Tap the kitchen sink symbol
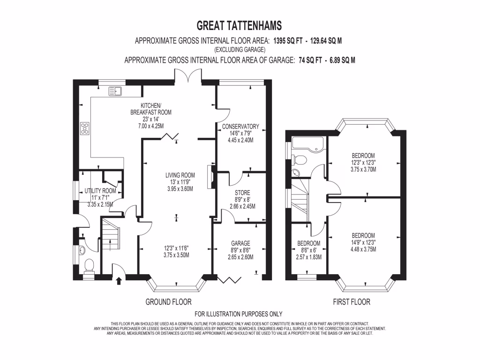(x=115, y=91)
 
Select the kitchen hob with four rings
(x=85, y=128)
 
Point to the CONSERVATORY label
(x=240, y=127)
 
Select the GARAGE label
(x=240, y=243)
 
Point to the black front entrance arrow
(x=118, y=281)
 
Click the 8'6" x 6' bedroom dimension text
(x=309, y=250)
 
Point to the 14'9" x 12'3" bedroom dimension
(x=363, y=242)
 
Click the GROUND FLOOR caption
(x=168, y=302)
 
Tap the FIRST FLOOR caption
(x=352, y=302)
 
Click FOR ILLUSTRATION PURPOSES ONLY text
(x=238, y=314)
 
